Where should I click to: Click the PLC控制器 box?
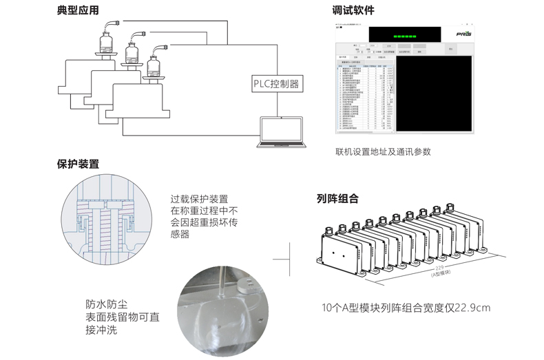(276, 85)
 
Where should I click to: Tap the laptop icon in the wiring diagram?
(281, 132)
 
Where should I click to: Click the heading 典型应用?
(79, 10)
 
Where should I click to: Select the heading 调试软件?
(353, 10)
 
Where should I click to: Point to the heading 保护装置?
(78, 165)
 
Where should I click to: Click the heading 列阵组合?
(337, 200)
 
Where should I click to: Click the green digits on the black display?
(405, 33)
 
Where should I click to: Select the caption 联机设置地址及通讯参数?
(383, 152)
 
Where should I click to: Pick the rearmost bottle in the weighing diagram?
(107, 41)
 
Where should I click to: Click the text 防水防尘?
(107, 304)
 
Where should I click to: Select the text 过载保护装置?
(199, 198)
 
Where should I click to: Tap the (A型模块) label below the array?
(441, 274)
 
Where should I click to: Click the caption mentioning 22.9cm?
(406, 308)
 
